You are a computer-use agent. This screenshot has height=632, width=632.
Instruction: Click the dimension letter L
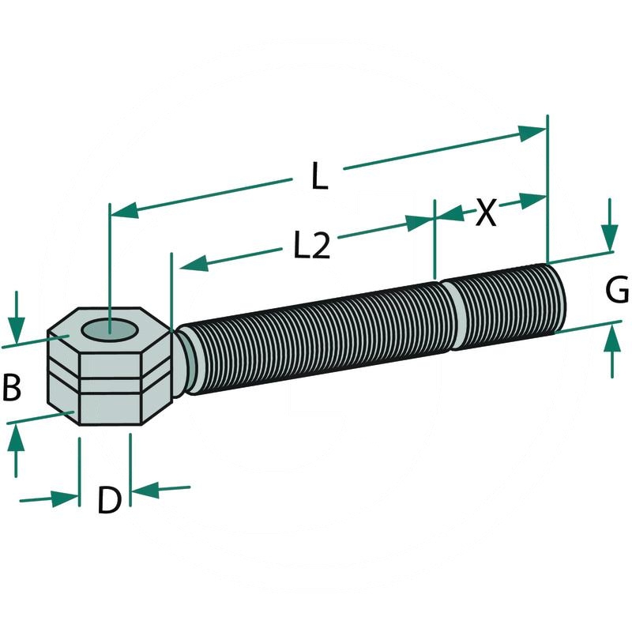click(x=318, y=175)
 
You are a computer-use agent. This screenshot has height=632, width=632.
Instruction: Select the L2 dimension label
click(x=311, y=246)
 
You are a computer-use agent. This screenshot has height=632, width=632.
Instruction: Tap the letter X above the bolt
click(x=486, y=212)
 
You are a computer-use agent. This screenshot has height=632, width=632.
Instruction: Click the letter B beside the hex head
click(x=12, y=388)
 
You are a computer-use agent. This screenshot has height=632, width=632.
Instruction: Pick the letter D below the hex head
click(x=109, y=500)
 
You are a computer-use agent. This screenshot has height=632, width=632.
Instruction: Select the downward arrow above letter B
click(x=17, y=329)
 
